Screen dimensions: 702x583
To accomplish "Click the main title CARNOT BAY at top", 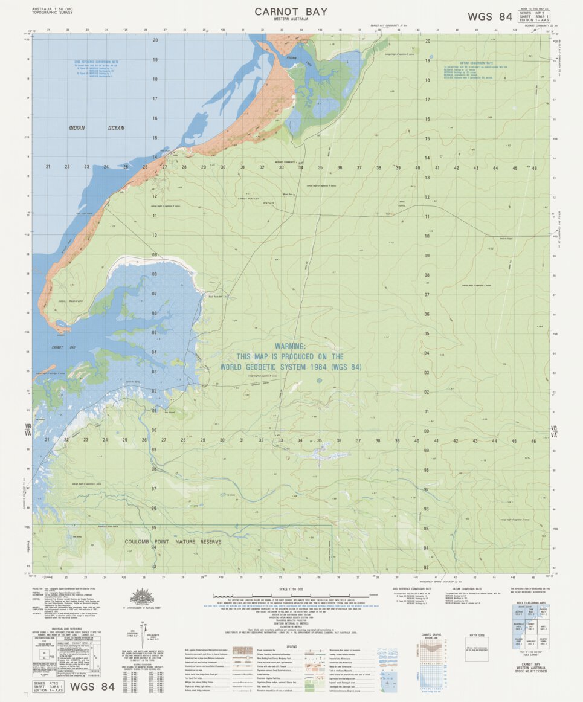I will [x=291, y=11].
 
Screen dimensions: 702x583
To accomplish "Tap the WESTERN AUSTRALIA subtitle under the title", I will [x=291, y=19].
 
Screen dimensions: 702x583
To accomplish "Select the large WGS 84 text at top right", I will [x=489, y=16].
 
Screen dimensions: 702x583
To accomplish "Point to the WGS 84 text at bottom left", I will [x=92, y=687].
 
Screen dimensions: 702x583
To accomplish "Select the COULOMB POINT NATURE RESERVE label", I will [x=173, y=542].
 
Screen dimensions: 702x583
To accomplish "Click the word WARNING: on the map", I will [x=290, y=346].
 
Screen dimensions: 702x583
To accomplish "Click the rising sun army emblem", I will [x=143, y=597].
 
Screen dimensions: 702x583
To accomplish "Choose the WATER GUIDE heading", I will [x=477, y=636].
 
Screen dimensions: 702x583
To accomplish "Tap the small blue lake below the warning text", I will [x=319, y=381].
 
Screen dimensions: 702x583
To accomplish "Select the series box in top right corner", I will [x=533, y=16].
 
